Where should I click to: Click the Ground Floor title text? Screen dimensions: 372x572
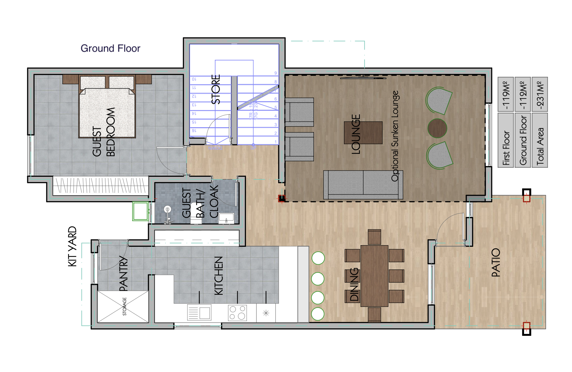click(x=110, y=48)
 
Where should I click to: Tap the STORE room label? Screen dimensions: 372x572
click(x=216, y=89)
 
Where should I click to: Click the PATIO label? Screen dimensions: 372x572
click(x=496, y=263)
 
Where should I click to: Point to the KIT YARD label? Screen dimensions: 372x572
click(x=72, y=246)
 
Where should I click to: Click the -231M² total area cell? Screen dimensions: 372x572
click(x=539, y=95)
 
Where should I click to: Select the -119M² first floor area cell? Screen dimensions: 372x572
click(x=506, y=95)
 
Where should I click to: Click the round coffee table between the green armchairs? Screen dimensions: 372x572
click(x=437, y=128)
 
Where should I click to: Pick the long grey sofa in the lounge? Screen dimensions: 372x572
click(x=363, y=184)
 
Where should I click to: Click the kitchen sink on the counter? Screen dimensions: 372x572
click(x=199, y=313)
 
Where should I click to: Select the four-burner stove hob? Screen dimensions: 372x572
click(x=237, y=313)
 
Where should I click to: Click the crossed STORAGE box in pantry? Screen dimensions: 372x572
click(x=123, y=307)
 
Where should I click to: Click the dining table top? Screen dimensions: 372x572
click(x=374, y=275)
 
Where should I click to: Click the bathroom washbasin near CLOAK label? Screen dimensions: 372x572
click(x=226, y=217)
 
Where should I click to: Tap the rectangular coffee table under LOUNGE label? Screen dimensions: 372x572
click(x=363, y=133)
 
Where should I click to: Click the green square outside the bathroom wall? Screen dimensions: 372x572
click(x=141, y=211)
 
